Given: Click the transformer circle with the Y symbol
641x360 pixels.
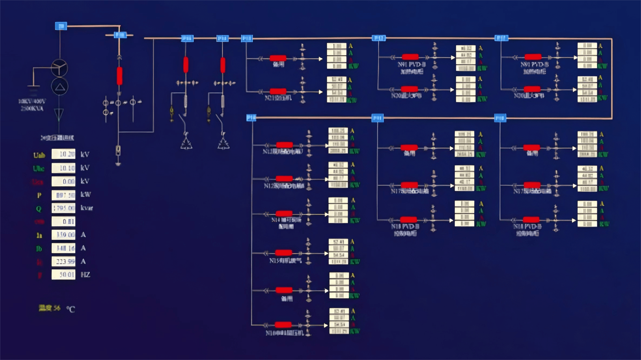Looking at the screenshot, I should tap(60, 68).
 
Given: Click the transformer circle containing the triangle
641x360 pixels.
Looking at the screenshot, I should tap(60, 87).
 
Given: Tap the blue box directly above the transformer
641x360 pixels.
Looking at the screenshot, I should tap(61, 26).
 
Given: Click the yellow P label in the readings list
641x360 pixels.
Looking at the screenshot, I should tap(39, 195).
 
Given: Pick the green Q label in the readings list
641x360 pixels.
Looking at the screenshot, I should tap(39, 208).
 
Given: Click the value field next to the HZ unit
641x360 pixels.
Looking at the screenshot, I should tap(63, 275).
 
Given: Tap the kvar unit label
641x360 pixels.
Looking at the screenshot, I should tap(87, 208).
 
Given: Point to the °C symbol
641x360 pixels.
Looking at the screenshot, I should tap(71, 309).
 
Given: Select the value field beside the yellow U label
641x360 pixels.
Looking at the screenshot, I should tap(63, 154).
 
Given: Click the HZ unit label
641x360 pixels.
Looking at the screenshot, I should tap(85, 275).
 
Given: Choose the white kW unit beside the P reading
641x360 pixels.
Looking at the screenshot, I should tap(86, 194).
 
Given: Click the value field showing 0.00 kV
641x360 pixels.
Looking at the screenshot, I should tap(63, 181).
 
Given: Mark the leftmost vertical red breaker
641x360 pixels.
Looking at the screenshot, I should tap(120, 76).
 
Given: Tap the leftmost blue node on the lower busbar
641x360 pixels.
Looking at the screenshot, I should tap(251, 118).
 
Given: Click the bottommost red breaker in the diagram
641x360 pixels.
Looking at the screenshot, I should tap(283, 325).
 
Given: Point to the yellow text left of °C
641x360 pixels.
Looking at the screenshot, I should tap(49, 308).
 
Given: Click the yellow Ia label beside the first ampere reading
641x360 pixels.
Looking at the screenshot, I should tap(39, 235).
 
